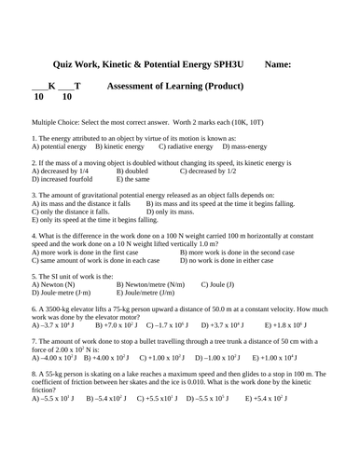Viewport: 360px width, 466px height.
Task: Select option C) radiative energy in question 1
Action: click(x=187, y=147)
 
